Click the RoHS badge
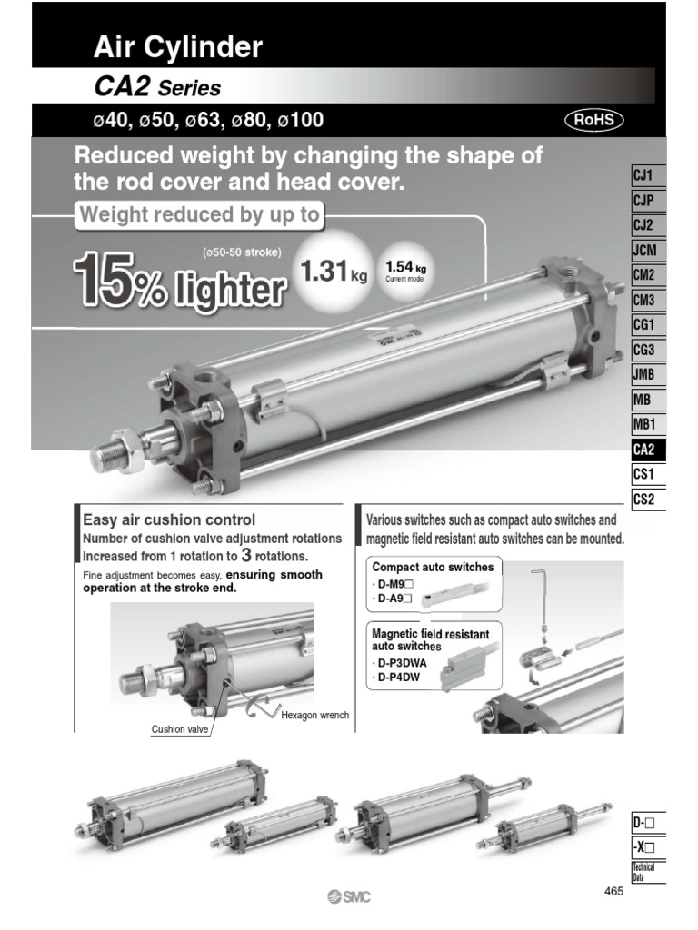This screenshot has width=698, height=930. click(594, 120)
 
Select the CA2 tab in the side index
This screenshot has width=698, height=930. click(649, 449)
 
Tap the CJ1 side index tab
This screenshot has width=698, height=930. click(649, 175)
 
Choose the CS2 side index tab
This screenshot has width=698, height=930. click(649, 498)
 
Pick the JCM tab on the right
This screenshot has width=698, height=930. click(649, 250)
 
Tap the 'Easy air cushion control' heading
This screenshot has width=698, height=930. click(169, 520)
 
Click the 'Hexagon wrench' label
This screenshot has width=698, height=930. click(314, 716)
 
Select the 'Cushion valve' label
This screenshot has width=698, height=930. click(180, 729)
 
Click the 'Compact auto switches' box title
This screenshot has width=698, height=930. click(433, 567)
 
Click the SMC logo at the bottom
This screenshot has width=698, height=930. click(349, 897)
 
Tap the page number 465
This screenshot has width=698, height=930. click(613, 892)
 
